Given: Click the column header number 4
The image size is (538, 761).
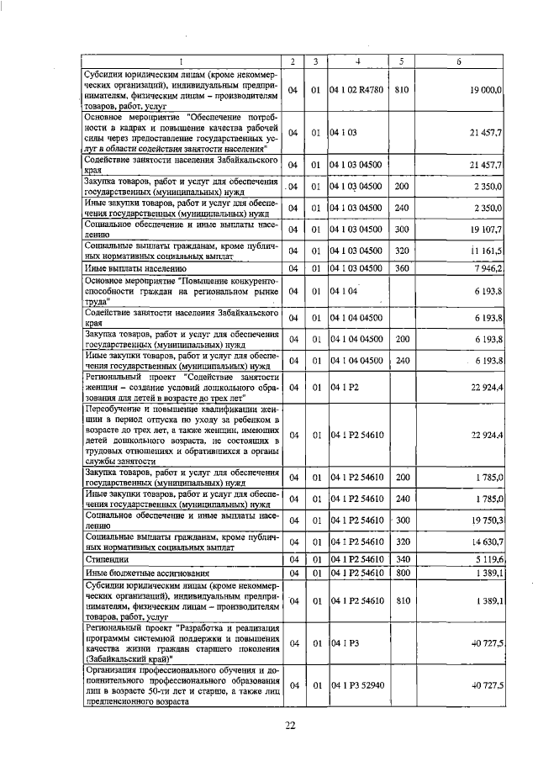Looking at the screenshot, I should pyautogui.click(x=357, y=61).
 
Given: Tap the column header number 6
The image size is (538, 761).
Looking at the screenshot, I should pyautogui.click(x=458, y=61).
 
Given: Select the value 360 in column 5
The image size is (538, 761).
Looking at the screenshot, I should pyautogui.click(x=401, y=268).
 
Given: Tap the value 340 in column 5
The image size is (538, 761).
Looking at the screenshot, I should pyautogui.click(x=401, y=558).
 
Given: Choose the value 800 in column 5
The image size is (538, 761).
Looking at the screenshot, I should pyautogui.click(x=401, y=573).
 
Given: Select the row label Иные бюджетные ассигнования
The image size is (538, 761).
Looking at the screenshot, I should pyautogui.click(x=138, y=573).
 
